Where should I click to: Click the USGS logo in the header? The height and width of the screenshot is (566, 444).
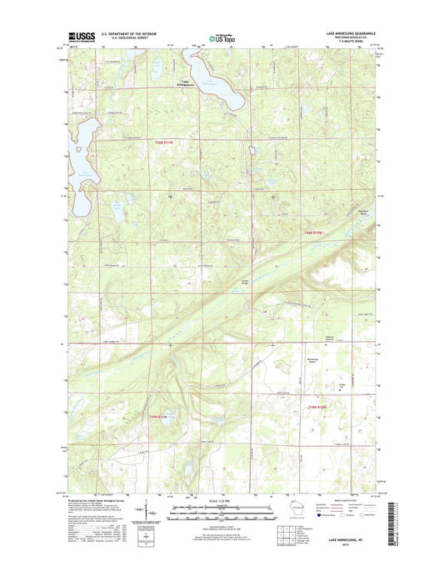point(77,37)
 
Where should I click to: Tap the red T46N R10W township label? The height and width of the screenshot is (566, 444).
point(312,231)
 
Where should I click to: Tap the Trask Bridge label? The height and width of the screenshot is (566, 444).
point(246,283)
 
